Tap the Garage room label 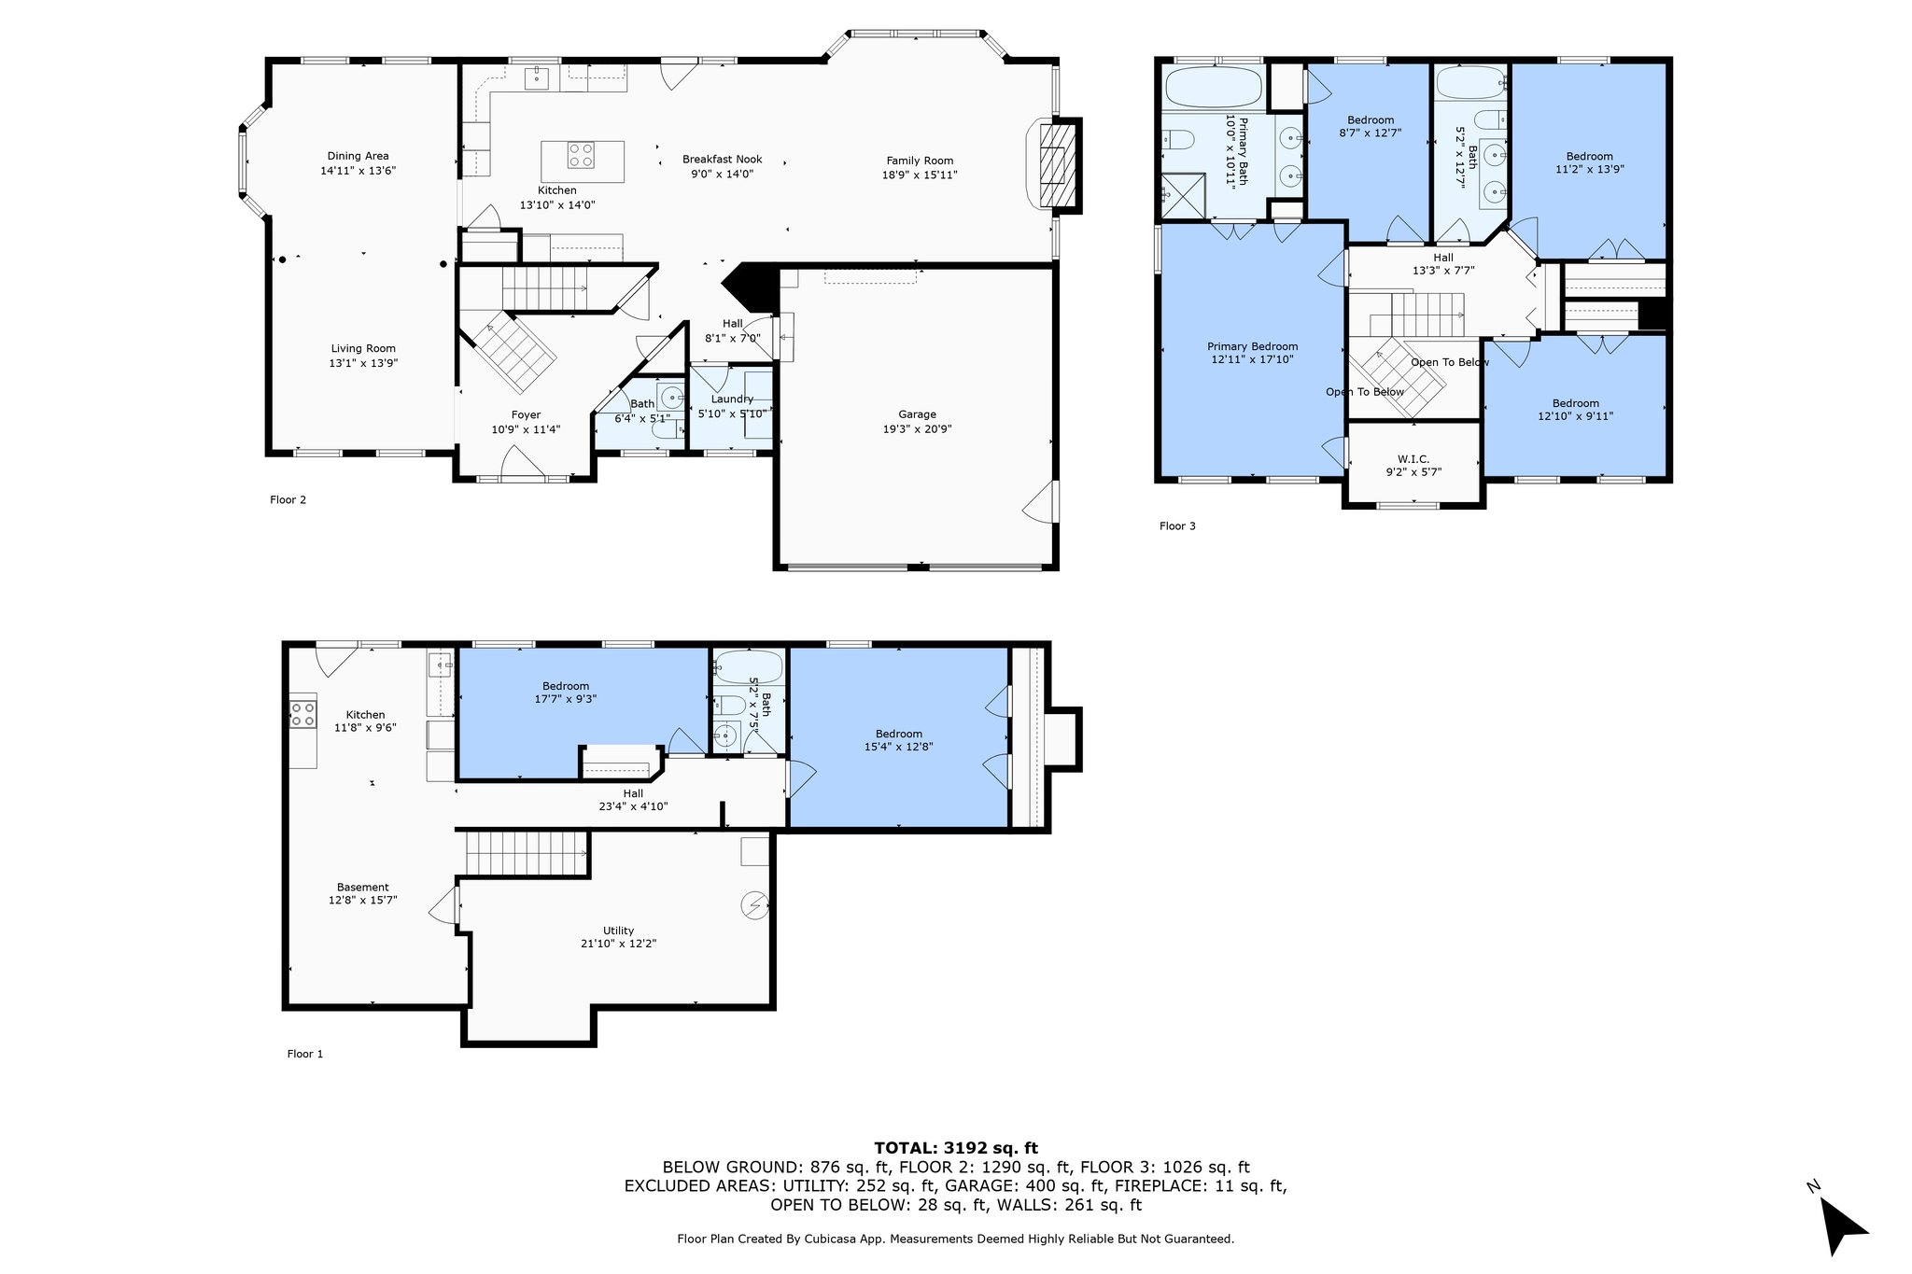click(918, 414)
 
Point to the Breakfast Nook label click(723, 159)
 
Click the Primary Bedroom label click(1252, 346)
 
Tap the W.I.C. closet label click(1413, 459)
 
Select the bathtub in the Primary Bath click(1214, 88)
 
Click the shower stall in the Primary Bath click(1185, 195)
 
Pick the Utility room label click(618, 931)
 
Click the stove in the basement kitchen click(302, 714)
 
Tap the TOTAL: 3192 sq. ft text click(956, 1148)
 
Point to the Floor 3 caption click(1177, 526)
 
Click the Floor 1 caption click(305, 1054)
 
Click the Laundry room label click(732, 399)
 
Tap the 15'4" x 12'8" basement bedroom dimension click(899, 747)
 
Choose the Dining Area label click(358, 156)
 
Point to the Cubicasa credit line click(956, 1239)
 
